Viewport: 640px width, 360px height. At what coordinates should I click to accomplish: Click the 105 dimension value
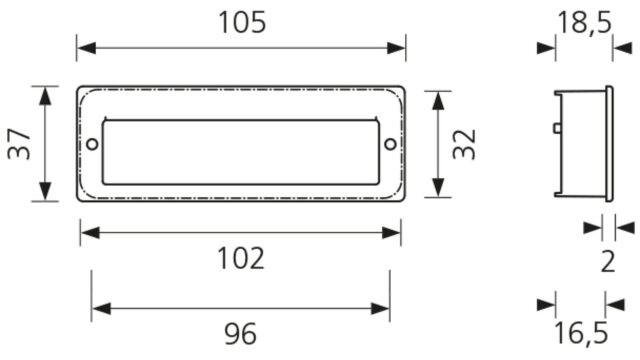[x=242, y=22]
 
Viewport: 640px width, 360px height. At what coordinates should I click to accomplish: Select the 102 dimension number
[x=241, y=258]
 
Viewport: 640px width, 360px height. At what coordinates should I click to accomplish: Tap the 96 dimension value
[x=240, y=333]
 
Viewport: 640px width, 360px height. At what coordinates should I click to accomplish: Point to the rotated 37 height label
[x=19, y=144]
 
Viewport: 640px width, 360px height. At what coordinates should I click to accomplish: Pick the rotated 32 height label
[x=464, y=144]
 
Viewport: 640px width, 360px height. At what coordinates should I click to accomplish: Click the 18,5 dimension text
[x=584, y=23]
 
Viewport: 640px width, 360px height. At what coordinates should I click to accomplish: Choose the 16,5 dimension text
[x=581, y=333]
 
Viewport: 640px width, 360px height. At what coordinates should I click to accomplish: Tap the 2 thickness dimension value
[x=608, y=262]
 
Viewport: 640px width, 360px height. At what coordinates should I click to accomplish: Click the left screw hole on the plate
[x=93, y=144]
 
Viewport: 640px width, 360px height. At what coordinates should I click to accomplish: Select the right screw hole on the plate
[x=391, y=144]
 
